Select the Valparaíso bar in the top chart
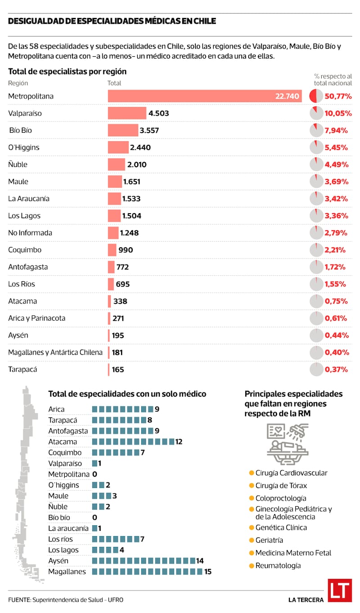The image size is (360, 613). click(127, 113)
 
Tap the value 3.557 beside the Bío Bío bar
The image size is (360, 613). click(149, 130)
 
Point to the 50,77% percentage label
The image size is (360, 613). click(338, 96)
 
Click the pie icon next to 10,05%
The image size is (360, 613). click(316, 113)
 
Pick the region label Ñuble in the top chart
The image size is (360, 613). click(18, 165)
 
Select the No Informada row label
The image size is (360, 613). click(30, 233)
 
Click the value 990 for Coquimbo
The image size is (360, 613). click(126, 250)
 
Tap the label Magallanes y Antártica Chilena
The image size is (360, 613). click(55, 353)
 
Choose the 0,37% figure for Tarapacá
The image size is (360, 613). click(336, 370)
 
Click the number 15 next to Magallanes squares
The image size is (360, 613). click(207, 572)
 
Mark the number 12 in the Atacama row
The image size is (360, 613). click(179, 442)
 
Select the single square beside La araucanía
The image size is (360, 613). click(94, 528)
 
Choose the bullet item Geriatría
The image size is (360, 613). click(269, 540)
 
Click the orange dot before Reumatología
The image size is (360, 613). click(251, 566)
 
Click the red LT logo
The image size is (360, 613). click(339, 590)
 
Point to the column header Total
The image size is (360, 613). click(114, 83)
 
